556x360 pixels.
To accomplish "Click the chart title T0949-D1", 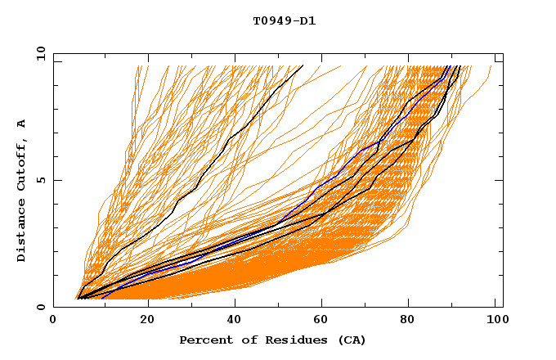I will (x=284, y=20).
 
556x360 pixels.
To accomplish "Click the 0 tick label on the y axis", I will (x=40, y=307).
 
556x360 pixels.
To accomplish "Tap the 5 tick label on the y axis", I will (x=40, y=180).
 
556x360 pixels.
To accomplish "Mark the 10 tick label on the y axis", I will (x=37, y=53).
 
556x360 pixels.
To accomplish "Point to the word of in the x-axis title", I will (x=242, y=340).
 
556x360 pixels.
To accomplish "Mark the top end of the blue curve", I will (x=449, y=66).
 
